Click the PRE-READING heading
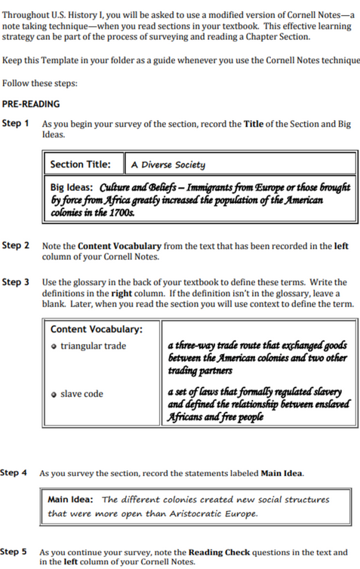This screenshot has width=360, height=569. (31, 103)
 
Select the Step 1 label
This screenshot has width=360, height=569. (16, 123)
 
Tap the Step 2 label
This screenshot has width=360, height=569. (16, 245)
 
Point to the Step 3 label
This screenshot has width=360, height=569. (16, 281)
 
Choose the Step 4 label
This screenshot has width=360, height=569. (14, 472)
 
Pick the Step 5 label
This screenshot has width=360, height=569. (14, 552)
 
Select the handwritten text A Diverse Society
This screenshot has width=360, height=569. (168, 165)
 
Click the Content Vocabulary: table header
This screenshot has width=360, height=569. (95, 329)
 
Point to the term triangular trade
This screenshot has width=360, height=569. (94, 346)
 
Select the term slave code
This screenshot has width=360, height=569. (82, 393)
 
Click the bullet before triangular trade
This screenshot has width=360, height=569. (54, 346)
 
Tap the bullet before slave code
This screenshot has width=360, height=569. (54, 394)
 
